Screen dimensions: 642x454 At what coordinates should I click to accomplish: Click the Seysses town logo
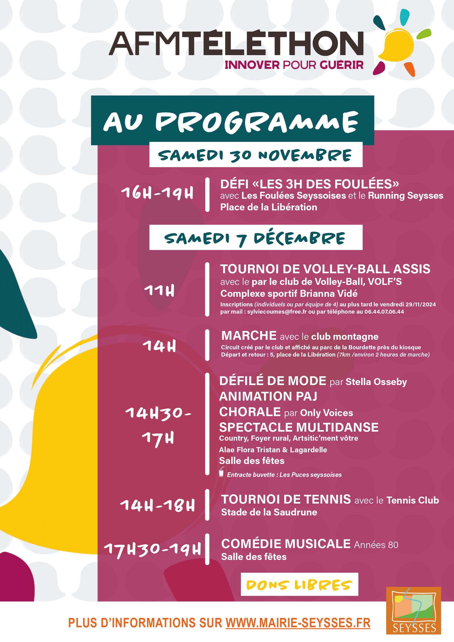point(413,610)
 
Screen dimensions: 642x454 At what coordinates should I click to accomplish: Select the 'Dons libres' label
point(299,585)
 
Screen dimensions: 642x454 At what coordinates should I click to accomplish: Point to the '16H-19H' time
point(157,193)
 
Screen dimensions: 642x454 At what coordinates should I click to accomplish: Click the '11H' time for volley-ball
point(159,291)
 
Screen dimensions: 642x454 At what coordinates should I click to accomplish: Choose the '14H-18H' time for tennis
point(157,505)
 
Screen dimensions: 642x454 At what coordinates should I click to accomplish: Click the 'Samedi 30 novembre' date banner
point(255,155)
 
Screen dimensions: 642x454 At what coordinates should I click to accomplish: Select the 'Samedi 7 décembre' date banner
point(255,238)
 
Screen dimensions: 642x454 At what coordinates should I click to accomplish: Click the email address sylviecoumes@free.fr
point(277,312)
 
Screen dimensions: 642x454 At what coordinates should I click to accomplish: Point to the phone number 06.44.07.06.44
point(384,312)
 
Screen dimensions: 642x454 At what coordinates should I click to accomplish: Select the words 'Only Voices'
point(326,413)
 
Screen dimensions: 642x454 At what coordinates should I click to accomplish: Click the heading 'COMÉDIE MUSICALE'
point(285,544)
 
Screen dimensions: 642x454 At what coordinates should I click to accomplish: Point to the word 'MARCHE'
point(249,336)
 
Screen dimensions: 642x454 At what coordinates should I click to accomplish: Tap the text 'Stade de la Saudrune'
point(269,512)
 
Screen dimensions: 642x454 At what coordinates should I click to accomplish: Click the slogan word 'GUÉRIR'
point(342,65)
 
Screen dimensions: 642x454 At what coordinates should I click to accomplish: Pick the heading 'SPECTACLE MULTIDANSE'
point(298,427)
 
